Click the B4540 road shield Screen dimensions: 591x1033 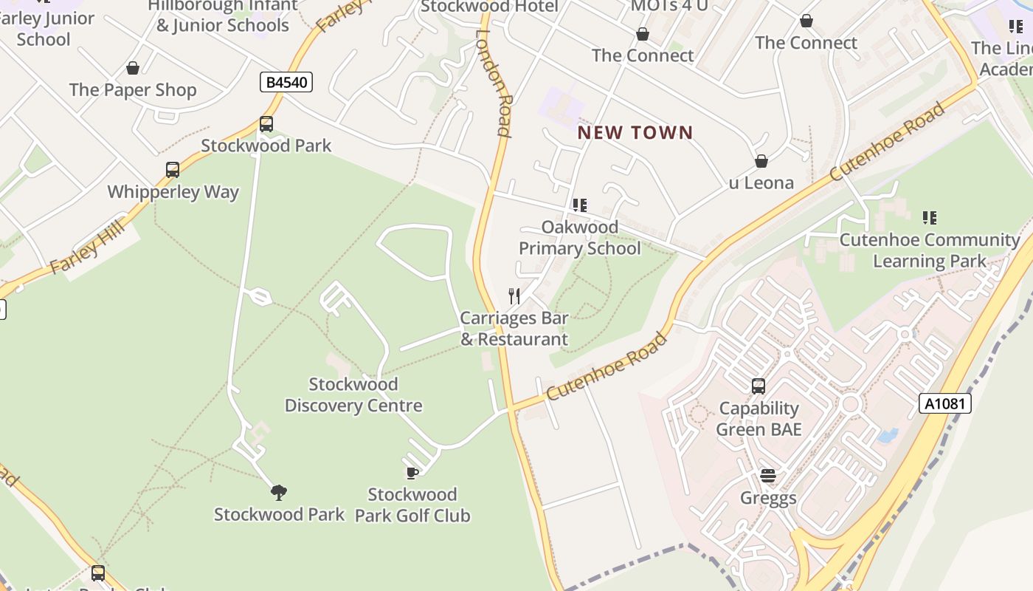coord(286,82)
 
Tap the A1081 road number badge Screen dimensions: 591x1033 coord(944,403)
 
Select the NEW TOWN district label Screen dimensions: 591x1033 coord(635,133)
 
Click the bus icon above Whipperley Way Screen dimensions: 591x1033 coord(173,170)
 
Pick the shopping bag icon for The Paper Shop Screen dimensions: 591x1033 coord(133,68)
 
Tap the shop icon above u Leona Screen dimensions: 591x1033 coord(761,161)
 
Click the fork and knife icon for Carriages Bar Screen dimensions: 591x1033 coord(514,296)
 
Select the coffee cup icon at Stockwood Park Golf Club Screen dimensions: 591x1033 coord(412,473)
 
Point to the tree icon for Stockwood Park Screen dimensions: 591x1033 coord(279,492)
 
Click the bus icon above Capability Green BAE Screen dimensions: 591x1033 coord(758,386)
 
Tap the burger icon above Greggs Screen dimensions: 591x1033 coord(768,476)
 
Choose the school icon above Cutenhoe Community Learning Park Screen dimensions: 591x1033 coord(930,218)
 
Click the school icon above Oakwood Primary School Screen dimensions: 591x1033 coord(580,205)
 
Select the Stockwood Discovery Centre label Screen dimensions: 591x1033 coord(353,395)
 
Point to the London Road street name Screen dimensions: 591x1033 coord(494,83)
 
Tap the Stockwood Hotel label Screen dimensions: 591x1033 coord(488,7)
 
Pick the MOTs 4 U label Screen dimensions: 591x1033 coord(668,7)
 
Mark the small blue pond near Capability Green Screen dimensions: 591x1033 coord(888,435)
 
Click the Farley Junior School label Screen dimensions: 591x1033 coord(46,28)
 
